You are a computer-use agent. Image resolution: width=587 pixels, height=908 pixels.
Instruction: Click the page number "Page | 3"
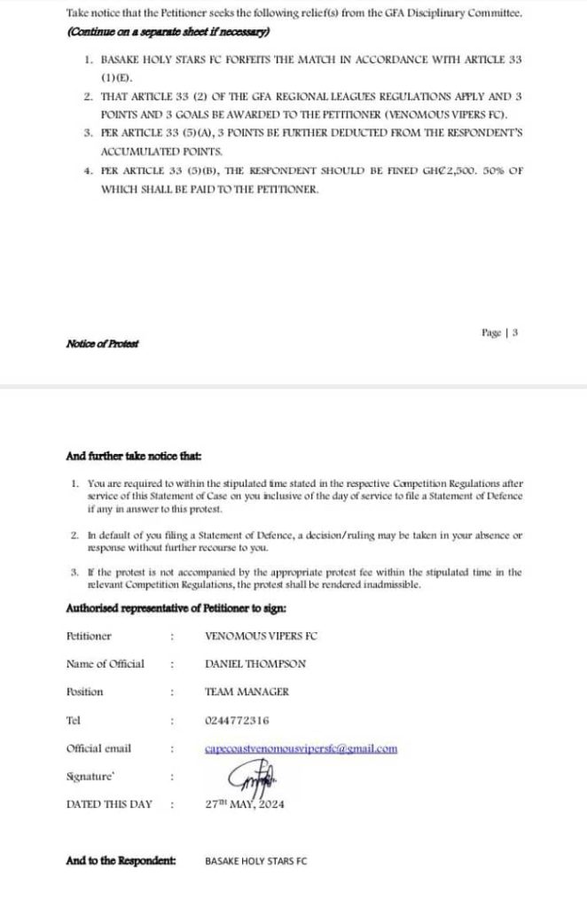[x=499, y=333]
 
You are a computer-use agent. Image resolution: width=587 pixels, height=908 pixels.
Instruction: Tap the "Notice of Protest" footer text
[x=102, y=343]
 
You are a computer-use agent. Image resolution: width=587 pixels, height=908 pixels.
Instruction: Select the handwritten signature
[x=254, y=779]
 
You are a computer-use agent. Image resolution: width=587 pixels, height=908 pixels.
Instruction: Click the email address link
[x=301, y=748]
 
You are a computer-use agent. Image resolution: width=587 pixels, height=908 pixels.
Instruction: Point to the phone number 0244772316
[x=237, y=720]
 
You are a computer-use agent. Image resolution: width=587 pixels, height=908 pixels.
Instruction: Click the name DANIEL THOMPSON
[x=254, y=663]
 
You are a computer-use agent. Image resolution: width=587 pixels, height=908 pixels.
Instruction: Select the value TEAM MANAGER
[x=247, y=692]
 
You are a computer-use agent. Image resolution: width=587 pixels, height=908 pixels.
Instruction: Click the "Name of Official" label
[x=105, y=663]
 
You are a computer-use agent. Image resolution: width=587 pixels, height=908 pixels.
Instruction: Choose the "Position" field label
[x=84, y=692]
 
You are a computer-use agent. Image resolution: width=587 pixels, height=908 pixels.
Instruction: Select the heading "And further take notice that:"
[x=134, y=457]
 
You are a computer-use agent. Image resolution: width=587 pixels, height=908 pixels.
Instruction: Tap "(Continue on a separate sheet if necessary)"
[x=168, y=31]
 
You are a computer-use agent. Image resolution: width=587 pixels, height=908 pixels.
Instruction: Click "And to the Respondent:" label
[x=121, y=860]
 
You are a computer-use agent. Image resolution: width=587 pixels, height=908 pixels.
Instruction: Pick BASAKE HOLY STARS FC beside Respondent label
[x=255, y=861]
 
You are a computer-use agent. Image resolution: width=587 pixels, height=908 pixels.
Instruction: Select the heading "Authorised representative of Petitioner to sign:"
[x=176, y=608]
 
